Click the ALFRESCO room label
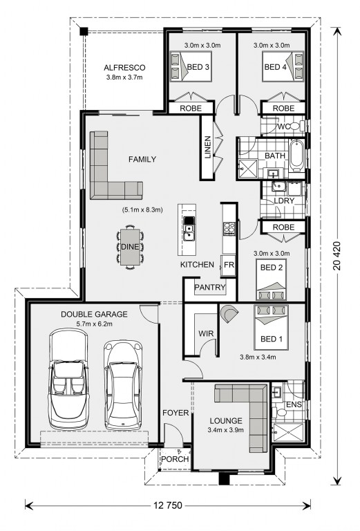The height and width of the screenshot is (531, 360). coord(124,68)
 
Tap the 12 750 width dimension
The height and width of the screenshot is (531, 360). coord(168,505)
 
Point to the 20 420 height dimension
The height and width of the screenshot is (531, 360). coord(337,256)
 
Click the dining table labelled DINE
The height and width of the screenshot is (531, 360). coord(130,247)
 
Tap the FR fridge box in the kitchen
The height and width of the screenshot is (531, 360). coord(229,265)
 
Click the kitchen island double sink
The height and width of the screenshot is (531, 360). coord(189,229)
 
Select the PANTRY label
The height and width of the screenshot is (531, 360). coord(210,288)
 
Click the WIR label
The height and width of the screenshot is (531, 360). coord(206,333)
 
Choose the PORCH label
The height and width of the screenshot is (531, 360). coord(175,459)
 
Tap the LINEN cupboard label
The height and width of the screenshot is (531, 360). coord(208,147)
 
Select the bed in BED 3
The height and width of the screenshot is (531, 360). coord(191,66)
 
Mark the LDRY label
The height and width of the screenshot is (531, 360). coord(284,201)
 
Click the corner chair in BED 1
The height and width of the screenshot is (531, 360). coord(229,314)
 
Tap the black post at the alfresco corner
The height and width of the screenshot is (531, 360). coord(84,32)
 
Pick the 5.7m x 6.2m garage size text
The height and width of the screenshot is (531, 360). coord(95,324)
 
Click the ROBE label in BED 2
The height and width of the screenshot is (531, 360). coord(283,227)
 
